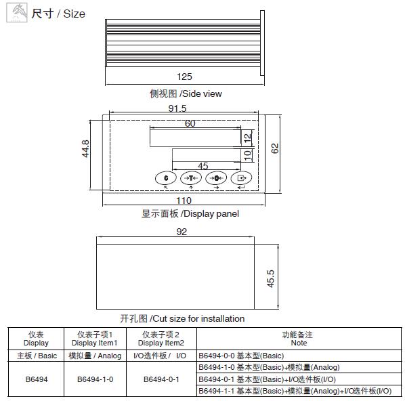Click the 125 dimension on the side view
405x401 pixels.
pos(184,77)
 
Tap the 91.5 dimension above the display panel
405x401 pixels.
pos(177,108)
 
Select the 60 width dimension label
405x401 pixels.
pos(190,123)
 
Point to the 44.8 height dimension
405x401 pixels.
pos(85,148)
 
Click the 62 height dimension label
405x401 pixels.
pos(275,148)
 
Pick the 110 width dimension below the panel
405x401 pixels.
pos(184,200)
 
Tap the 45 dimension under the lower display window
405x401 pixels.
pos(203,166)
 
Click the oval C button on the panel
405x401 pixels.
pos(166,178)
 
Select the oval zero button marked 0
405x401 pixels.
pos(216,178)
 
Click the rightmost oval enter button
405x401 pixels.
pos(241,178)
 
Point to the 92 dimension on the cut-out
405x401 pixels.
pos(182,232)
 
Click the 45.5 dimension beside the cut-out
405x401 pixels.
pos(270,278)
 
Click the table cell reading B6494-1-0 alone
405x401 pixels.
pos(95,379)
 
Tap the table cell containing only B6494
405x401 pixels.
pos(37,379)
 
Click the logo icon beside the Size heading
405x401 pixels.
pos(17,12)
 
